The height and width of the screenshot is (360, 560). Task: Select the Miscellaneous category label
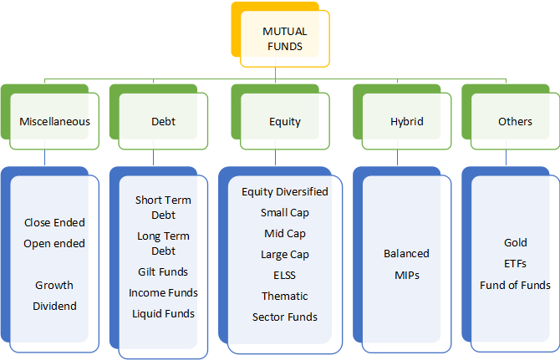(54, 122)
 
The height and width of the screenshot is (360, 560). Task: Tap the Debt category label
(163, 122)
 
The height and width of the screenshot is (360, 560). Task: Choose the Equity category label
(285, 122)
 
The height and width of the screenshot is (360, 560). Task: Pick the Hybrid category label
(407, 122)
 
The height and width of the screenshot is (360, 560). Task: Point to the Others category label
(515, 122)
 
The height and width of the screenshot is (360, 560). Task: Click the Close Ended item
(54, 223)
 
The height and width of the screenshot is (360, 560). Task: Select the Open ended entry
(54, 244)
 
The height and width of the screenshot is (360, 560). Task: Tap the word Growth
(54, 285)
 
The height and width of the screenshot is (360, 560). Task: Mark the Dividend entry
(54, 306)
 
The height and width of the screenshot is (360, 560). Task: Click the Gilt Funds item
(163, 271)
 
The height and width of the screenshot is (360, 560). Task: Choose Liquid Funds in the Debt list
(163, 313)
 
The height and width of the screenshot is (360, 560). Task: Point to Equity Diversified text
(285, 192)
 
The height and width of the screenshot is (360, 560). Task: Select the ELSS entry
(285, 276)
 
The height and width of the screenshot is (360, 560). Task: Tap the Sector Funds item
(285, 317)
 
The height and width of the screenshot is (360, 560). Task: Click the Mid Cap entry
(285, 234)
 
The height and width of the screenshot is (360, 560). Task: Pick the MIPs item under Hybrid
(407, 276)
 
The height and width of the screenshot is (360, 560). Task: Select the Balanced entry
(406, 254)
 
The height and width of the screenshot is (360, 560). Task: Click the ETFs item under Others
(515, 264)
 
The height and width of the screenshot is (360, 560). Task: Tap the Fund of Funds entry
(515, 285)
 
